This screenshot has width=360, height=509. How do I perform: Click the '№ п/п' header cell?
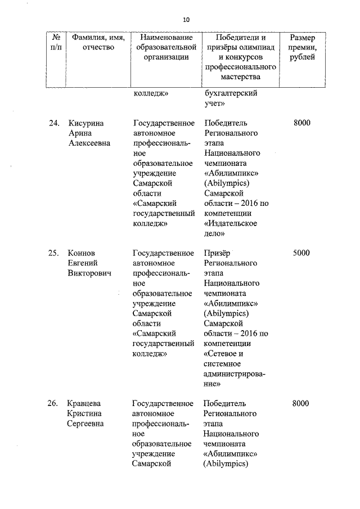[x=56, y=42]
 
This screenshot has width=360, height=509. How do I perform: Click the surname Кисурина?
[x=85, y=123]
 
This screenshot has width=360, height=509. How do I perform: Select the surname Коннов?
[x=82, y=253]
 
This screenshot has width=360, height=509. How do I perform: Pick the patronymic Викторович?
[x=89, y=273]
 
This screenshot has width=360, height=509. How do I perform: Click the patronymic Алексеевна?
[x=89, y=143]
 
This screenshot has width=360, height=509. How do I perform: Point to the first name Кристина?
[x=85, y=414]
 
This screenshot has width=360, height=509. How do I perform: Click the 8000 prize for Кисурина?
[x=301, y=123]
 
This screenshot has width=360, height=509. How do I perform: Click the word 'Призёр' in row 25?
[x=218, y=253]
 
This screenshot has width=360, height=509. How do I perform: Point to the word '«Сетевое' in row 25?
[x=223, y=354]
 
